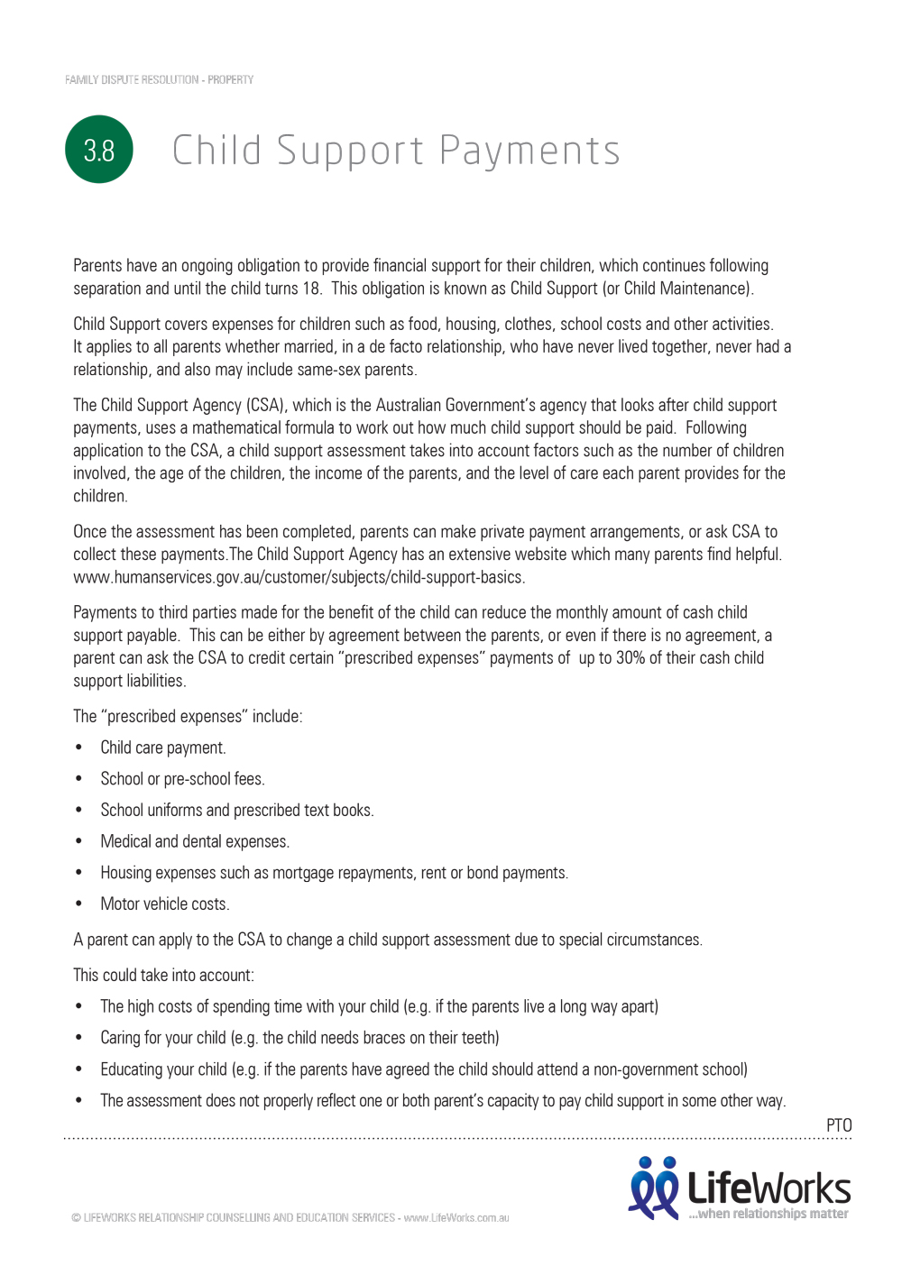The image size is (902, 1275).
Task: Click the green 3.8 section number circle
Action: (x=99, y=150)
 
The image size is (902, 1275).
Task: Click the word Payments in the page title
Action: (x=529, y=151)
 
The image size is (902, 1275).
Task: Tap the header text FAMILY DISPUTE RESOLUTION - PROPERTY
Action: (x=159, y=80)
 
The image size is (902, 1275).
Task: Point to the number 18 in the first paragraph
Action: (x=311, y=289)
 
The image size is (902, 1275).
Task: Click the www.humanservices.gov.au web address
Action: (x=298, y=577)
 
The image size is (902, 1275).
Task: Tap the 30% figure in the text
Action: (x=630, y=658)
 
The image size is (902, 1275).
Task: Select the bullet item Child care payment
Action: (x=163, y=748)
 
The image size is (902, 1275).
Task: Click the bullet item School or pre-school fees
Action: (x=182, y=779)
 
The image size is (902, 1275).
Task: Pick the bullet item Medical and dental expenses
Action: (x=195, y=841)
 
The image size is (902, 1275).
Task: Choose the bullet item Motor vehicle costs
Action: (x=165, y=904)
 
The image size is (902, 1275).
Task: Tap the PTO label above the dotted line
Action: (x=839, y=1125)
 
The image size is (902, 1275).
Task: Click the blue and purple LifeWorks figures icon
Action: (x=654, y=1188)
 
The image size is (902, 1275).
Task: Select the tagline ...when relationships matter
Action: (x=769, y=1214)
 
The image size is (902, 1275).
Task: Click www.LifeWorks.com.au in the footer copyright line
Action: (x=456, y=1218)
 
